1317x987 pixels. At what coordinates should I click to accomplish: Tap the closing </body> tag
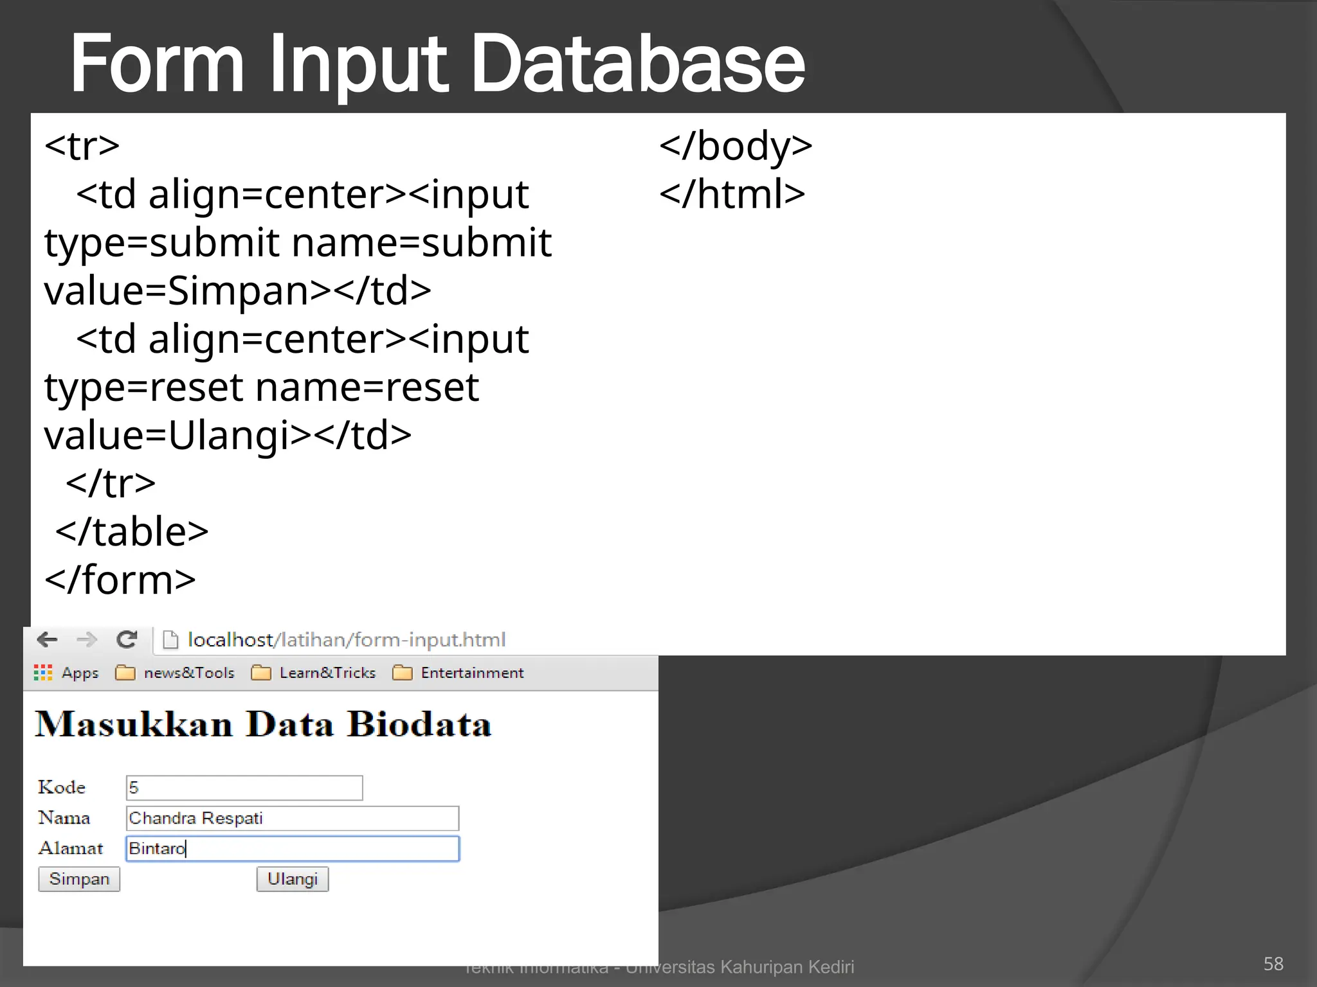pos(736,146)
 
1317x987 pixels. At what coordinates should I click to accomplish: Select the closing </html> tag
pos(732,194)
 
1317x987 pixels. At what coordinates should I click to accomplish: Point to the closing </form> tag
pos(120,580)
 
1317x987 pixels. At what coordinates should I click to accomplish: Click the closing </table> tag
pos(132,532)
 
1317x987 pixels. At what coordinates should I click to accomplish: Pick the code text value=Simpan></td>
pos(237,290)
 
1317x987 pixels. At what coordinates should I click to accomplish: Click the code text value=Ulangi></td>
pos(228,436)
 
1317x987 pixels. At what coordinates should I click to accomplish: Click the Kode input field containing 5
pos(244,788)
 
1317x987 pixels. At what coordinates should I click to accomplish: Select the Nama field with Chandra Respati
pos(293,818)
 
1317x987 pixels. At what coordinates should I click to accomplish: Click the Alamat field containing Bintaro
pos(293,848)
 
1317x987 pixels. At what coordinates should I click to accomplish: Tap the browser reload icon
pos(127,639)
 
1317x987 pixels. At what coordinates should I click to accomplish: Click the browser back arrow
pos(48,639)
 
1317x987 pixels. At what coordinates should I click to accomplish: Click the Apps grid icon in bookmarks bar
pos(43,673)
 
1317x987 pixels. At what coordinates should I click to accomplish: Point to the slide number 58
pos(1273,964)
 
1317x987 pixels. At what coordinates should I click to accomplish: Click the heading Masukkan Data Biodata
pos(264,724)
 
